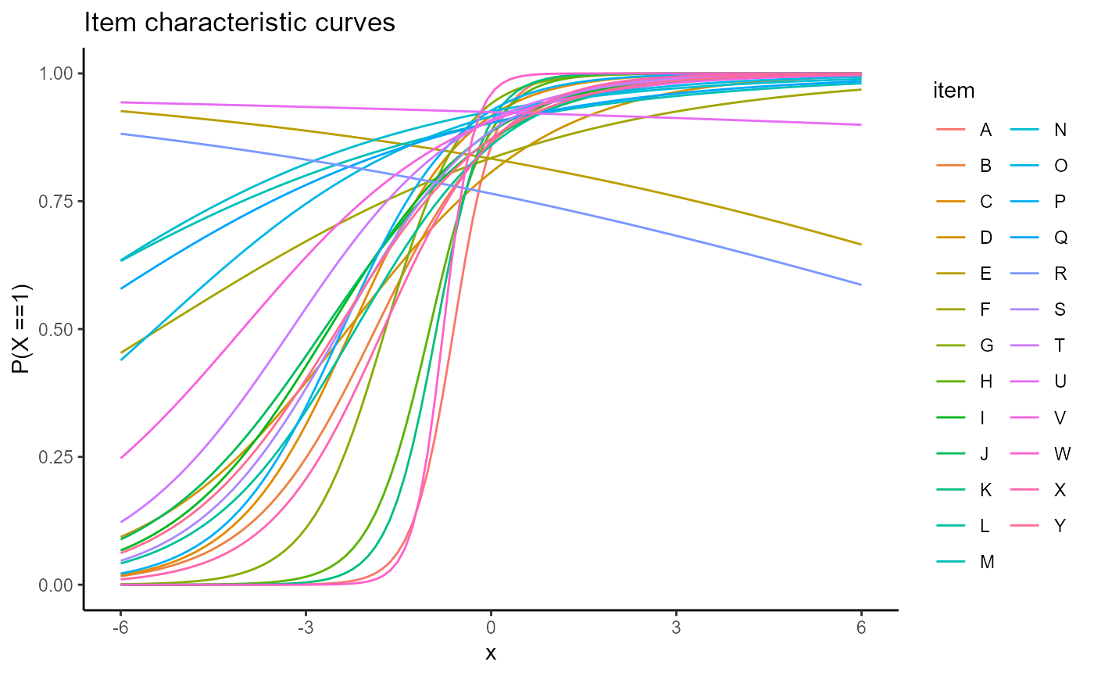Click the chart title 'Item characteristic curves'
click(x=239, y=23)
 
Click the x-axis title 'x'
click(x=491, y=653)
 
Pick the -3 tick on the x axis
click(x=305, y=628)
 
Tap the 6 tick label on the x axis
click(x=861, y=628)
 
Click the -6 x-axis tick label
click(x=120, y=628)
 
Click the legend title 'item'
click(x=953, y=91)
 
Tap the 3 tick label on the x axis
click(x=676, y=628)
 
